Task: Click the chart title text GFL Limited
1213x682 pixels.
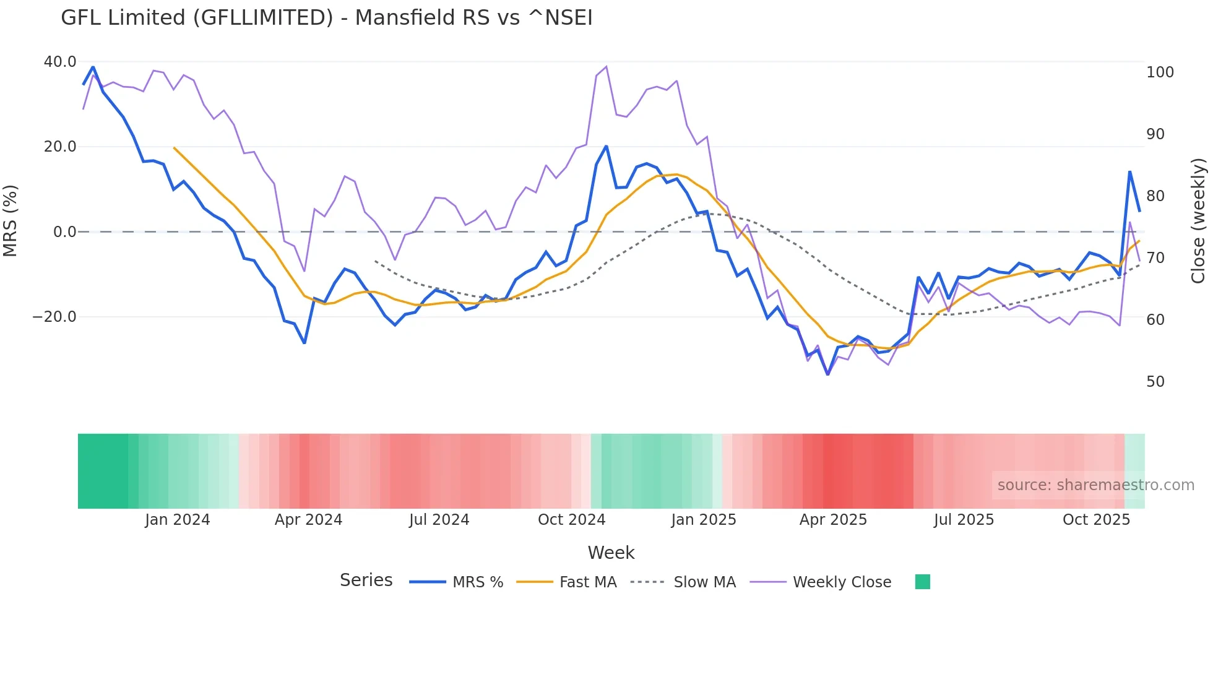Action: (x=326, y=18)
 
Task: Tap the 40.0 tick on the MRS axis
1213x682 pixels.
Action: (x=60, y=62)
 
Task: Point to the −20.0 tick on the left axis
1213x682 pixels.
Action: (x=54, y=317)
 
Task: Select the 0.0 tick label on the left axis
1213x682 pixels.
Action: (x=65, y=232)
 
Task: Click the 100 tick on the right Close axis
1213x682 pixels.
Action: (x=1160, y=72)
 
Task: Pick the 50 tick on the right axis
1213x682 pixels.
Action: (x=1155, y=382)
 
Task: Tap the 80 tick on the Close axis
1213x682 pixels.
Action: (x=1155, y=196)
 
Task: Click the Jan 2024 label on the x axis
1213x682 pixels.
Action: (x=178, y=520)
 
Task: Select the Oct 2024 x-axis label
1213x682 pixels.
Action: (x=571, y=520)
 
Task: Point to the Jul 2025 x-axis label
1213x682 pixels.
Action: (x=964, y=520)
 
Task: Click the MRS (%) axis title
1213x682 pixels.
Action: (x=11, y=221)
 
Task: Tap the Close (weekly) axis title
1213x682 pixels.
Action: (x=1198, y=221)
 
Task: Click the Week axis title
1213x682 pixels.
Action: (x=611, y=553)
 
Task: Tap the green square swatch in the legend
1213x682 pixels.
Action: (x=922, y=582)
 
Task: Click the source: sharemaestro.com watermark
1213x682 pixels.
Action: (x=1095, y=485)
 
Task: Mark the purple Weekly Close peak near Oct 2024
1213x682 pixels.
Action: (x=606, y=67)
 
